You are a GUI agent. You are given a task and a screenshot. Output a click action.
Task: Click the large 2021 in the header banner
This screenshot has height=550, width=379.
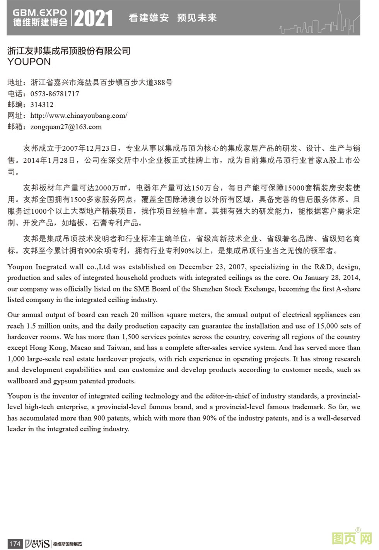click(x=93, y=18)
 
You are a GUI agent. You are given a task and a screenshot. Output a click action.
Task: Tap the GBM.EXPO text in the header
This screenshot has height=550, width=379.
click(x=40, y=13)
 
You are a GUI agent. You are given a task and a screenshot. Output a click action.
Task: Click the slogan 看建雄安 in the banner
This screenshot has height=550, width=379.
click(x=149, y=18)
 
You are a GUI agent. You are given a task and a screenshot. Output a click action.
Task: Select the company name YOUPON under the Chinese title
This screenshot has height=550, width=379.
click(x=29, y=62)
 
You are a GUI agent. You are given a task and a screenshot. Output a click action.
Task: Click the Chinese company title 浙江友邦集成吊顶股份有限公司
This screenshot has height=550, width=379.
click(x=69, y=51)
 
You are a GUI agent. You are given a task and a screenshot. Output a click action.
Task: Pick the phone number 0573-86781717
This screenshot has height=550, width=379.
click(x=55, y=94)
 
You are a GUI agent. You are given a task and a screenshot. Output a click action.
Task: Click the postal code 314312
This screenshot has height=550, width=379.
click(x=42, y=104)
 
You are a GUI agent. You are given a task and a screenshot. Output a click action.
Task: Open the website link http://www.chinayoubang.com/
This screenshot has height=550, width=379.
click(x=79, y=116)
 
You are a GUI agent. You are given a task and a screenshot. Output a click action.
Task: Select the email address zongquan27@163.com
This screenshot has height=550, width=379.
click(x=66, y=127)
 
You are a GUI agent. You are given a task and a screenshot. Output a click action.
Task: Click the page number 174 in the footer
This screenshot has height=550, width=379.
click(x=15, y=543)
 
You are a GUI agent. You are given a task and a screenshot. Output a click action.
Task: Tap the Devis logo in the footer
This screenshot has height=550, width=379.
click(x=37, y=543)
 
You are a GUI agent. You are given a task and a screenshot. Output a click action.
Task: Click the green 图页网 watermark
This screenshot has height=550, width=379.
click(x=352, y=538)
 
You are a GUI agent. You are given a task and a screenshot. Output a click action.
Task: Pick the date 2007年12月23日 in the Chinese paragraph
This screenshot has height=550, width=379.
click(x=89, y=148)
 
